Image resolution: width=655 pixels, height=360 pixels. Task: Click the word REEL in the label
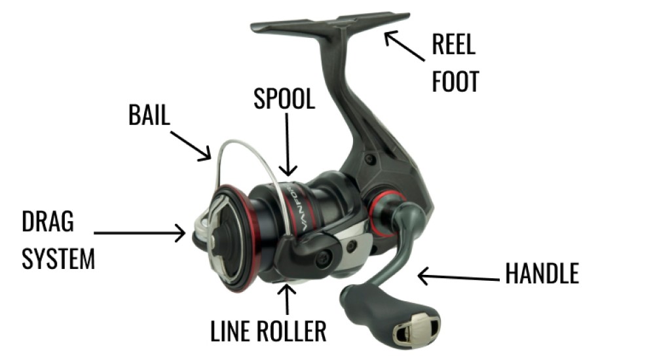[453, 45]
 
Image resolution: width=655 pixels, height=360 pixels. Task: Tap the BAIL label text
[149, 116]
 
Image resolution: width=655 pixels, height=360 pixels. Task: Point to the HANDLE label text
[542, 274]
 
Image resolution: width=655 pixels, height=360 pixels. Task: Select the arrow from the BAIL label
[190, 145]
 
